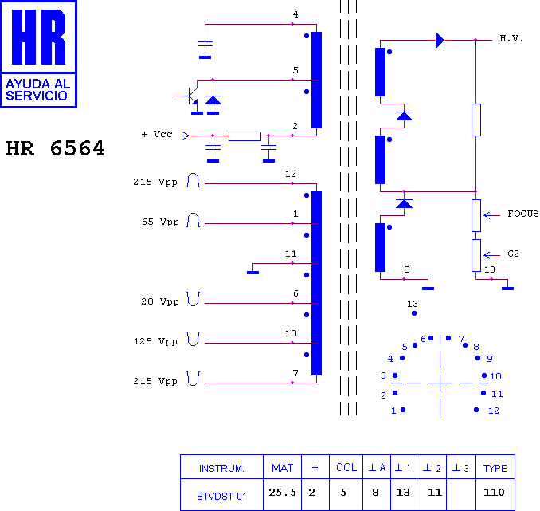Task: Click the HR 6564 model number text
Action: pyautogui.click(x=55, y=148)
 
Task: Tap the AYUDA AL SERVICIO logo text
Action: pyautogui.click(x=38, y=89)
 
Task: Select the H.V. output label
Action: pyautogui.click(x=511, y=38)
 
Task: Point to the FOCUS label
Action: pyautogui.click(x=523, y=214)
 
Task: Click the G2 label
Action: pyautogui.click(x=513, y=254)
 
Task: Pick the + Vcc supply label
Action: pyautogui.click(x=157, y=134)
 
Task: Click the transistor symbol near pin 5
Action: pyautogui.click(x=190, y=96)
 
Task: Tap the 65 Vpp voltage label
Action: pyautogui.click(x=160, y=222)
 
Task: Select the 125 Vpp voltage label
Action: pyautogui.click(x=155, y=341)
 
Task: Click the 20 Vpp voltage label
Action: pyautogui.click(x=160, y=301)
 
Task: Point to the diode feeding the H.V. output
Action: pyautogui.click(x=440, y=40)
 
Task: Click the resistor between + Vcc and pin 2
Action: pyautogui.click(x=245, y=136)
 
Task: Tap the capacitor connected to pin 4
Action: pyautogui.click(x=205, y=44)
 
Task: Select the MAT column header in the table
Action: pyautogui.click(x=282, y=468)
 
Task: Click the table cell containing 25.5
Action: pyautogui.click(x=283, y=493)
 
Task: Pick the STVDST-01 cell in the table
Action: pyautogui.click(x=221, y=496)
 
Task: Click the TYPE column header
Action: pyautogui.click(x=495, y=468)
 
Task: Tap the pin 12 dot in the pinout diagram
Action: pyautogui.click(x=476, y=410)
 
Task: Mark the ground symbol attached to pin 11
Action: pyautogui.click(x=252, y=273)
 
